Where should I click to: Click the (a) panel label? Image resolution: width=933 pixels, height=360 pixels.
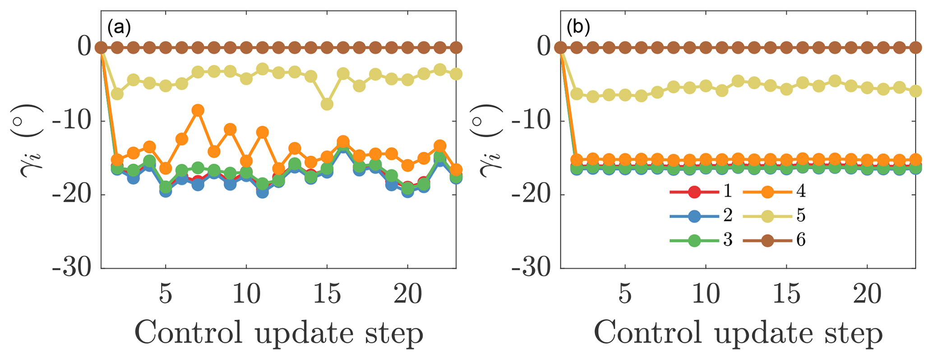pos(119,28)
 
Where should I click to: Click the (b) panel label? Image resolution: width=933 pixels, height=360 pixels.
pos(578,28)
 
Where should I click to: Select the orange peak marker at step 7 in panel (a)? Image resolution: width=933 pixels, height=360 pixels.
pos(198,110)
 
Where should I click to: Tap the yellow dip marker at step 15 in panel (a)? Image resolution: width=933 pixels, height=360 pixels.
pos(327,104)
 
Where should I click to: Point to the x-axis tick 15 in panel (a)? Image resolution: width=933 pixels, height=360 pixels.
pos(327,295)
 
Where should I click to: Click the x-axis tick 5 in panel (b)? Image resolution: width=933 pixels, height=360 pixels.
pos(625,295)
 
